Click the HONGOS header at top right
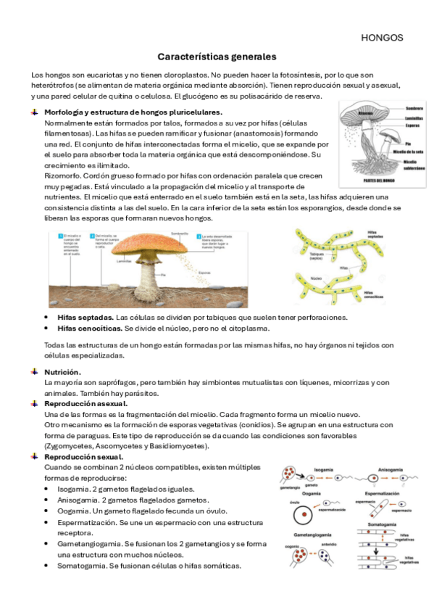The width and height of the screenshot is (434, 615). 381,38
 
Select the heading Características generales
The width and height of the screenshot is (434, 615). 217,56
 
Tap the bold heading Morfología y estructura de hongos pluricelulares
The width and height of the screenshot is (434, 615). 133,112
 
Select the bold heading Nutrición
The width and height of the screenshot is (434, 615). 62,371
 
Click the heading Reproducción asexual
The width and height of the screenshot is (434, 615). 85,403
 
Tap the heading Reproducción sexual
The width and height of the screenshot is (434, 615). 83,457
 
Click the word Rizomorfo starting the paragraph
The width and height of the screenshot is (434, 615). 62,175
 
